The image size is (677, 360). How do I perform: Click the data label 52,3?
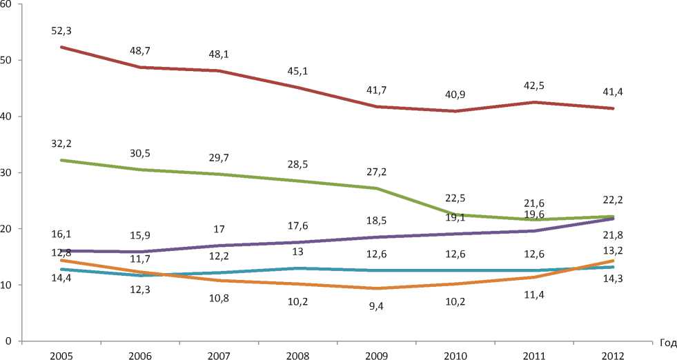(62, 31)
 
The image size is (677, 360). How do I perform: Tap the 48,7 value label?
(141, 52)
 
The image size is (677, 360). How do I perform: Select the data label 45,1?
(298, 71)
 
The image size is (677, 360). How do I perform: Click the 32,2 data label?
(62, 143)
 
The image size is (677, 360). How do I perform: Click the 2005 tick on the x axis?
(62, 353)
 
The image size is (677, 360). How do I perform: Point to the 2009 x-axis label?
(377, 353)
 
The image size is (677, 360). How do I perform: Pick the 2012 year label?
(613, 353)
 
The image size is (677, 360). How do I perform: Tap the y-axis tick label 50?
(7, 61)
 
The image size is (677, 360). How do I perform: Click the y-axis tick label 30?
(7, 173)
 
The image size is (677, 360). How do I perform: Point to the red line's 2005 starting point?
(62, 47)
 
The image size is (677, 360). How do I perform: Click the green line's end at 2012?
(613, 217)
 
